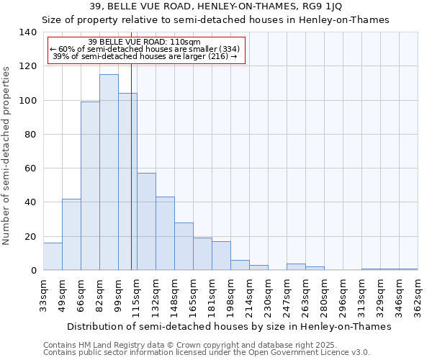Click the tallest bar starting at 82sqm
coord(109,172)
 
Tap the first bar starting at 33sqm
coord(53,256)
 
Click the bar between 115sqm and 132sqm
coord(146,221)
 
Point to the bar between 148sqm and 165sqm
coord(184,246)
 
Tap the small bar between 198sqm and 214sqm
coord(240,265)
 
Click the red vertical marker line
coord(131,180)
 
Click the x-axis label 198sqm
coord(230,296)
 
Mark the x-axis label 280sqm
coord(324,296)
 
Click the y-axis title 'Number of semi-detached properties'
coord(7,155)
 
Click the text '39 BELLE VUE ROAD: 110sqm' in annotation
coord(145,42)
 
